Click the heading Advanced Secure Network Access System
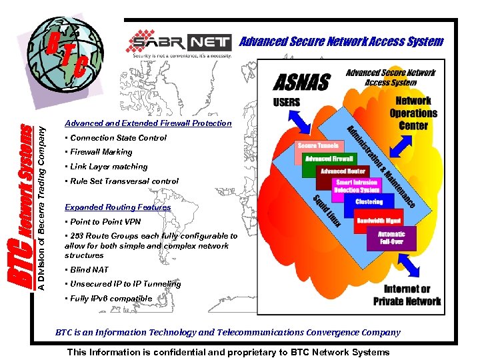341,41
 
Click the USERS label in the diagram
287,102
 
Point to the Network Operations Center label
413,113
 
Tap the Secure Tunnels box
319,145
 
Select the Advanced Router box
343,171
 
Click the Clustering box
369,201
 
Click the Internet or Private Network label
407,295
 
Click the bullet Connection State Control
116,138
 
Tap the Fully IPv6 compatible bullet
109,299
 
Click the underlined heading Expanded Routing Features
117,207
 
